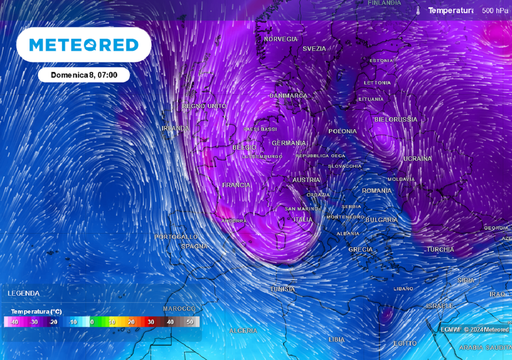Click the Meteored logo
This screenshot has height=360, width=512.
pyautogui.click(x=84, y=45)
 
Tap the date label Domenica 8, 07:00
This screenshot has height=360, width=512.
pyautogui.click(x=84, y=75)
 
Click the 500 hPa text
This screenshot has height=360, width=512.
pyautogui.click(x=495, y=10)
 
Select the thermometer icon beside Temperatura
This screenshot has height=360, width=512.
pyautogui.click(x=418, y=10)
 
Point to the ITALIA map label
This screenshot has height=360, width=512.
pyautogui.click(x=303, y=219)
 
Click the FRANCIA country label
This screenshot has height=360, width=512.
pyautogui.click(x=236, y=185)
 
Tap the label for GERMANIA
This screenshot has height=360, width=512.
pyautogui.click(x=288, y=143)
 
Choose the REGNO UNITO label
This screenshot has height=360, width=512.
pyautogui.click(x=204, y=106)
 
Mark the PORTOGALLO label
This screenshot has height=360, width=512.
pyautogui.click(x=176, y=236)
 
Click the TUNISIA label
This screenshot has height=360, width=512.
pyautogui.click(x=282, y=289)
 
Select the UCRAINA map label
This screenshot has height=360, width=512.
pyautogui.click(x=417, y=158)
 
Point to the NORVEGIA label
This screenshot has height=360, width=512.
pyautogui.click(x=280, y=39)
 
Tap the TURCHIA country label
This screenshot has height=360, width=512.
pyautogui.click(x=440, y=249)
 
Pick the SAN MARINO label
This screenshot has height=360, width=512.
pyautogui.click(x=301, y=208)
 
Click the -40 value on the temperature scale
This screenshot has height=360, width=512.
pyautogui.click(x=14, y=322)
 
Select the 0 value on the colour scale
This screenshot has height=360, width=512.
pyautogui.click(x=92, y=322)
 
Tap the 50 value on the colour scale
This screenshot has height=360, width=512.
pyautogui.click(x=189, y=322)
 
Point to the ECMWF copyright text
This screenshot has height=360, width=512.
pyautogui.click(x=474, y=329)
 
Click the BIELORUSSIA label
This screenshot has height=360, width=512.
pyautogui.click(x=395, y=119)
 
